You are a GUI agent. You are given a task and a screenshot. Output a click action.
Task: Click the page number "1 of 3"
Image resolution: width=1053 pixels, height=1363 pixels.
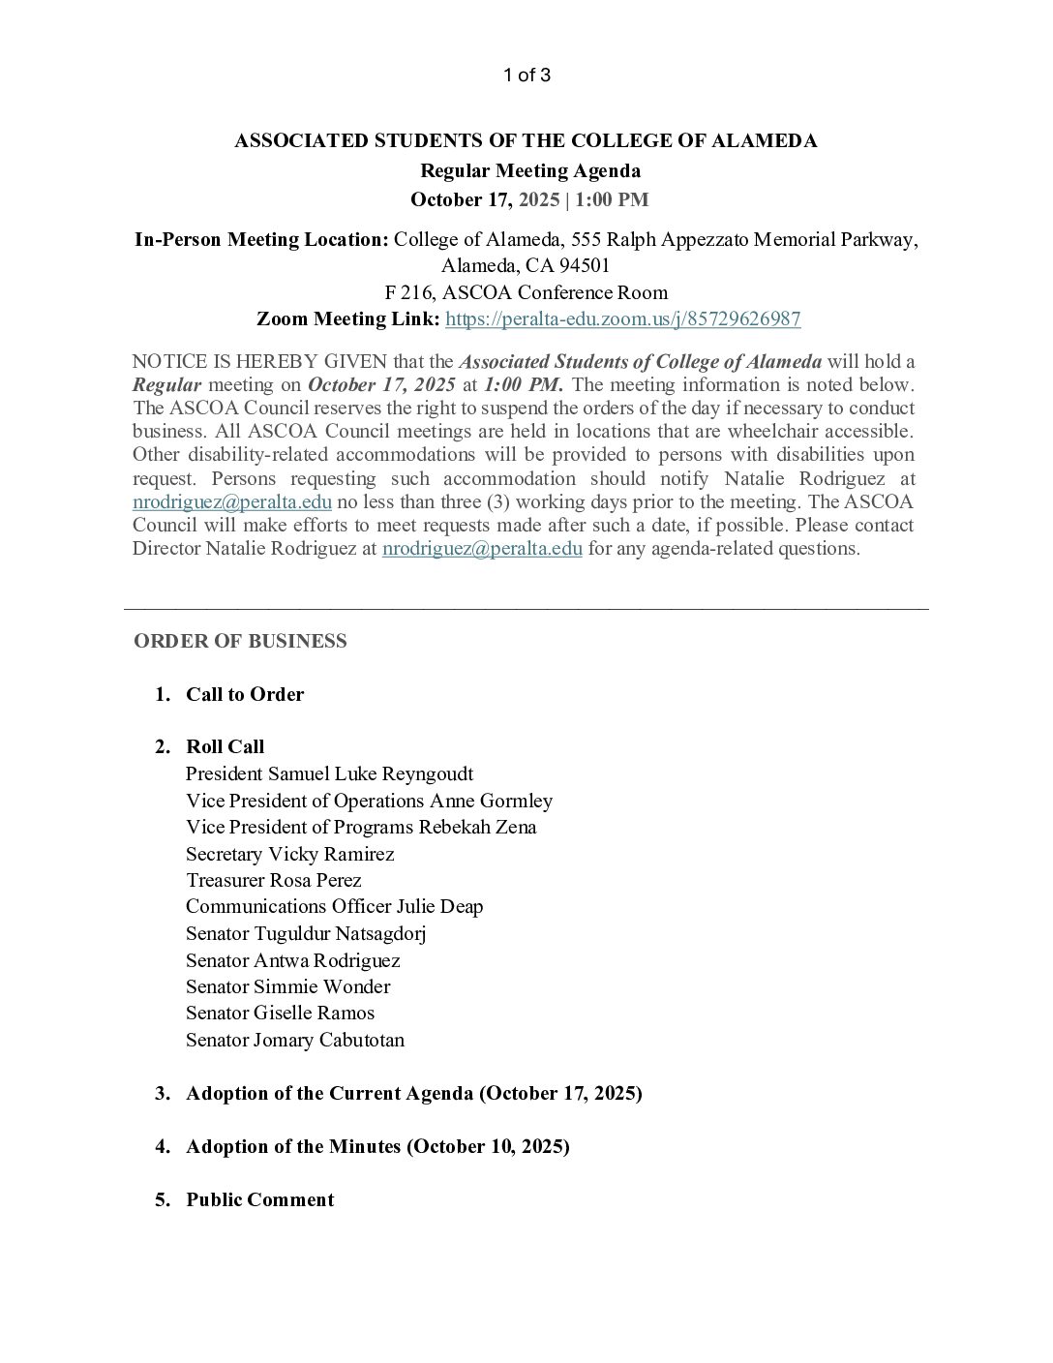[526, 76]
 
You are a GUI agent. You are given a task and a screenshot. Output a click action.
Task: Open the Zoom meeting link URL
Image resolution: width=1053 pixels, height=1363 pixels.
[622, 319]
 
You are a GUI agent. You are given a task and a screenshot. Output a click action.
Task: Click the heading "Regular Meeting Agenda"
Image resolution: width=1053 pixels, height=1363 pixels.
[529, 171]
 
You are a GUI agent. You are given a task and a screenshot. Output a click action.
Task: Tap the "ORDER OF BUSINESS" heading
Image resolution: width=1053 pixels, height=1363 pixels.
[240, 641]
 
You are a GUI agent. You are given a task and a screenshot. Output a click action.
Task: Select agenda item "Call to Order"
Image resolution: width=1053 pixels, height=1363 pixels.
[245, 694]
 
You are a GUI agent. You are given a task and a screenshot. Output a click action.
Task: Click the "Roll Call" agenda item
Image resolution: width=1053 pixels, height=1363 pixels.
[225, 746]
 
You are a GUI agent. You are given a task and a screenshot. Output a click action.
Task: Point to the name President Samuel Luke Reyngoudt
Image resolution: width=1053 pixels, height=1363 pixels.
[329, 773]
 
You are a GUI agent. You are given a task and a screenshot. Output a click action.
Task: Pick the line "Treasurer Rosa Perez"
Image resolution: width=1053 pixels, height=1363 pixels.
[274, 880]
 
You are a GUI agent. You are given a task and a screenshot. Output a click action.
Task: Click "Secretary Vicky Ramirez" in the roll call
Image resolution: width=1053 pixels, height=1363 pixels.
[290, 854]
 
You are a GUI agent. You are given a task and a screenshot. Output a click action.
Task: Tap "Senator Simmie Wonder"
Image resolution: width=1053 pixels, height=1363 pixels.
[288, 986]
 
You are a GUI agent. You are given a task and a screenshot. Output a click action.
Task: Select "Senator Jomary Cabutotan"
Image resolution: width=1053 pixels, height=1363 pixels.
[295, 1040]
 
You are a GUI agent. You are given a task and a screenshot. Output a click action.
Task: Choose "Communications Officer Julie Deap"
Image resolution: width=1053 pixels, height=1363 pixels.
[335, 906]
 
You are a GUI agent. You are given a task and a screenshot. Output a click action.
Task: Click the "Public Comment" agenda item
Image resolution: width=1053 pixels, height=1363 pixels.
[259, 1199]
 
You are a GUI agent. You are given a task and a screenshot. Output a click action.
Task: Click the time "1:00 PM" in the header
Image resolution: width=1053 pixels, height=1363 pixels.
[612, 200]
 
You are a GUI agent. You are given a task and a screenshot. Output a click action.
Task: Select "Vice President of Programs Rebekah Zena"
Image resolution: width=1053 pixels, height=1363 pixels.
[361, 827]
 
